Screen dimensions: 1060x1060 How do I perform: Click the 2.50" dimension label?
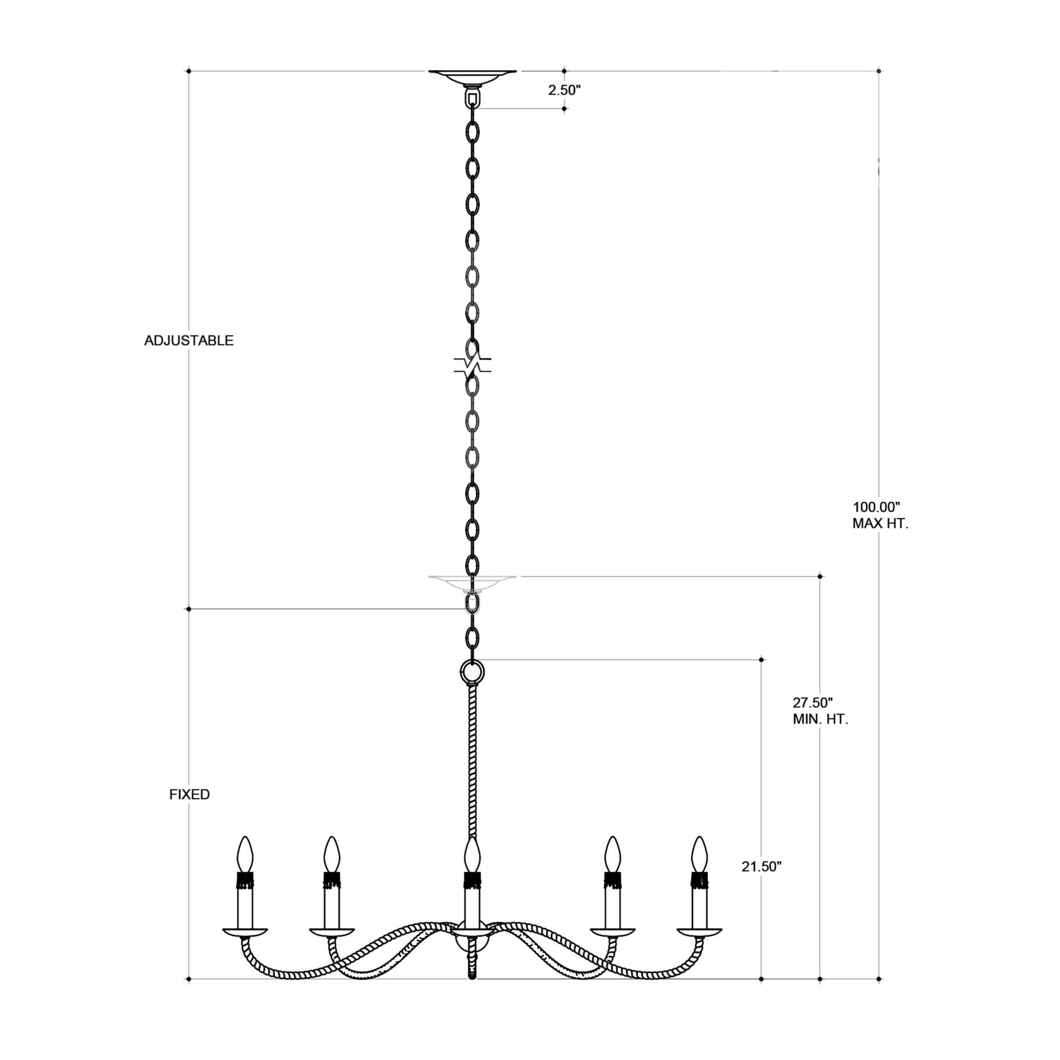[564, 91]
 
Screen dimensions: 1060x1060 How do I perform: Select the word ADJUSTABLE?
[189, 341]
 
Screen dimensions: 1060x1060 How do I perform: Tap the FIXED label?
[189, 794]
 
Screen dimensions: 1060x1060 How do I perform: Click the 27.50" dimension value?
[812, 703]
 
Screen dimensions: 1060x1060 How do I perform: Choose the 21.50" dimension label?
[762, 867]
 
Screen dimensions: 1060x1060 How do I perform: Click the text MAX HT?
[880, 524]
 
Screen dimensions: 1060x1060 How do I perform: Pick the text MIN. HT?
[820, 720]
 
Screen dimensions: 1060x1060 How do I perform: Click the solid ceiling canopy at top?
[472, 76]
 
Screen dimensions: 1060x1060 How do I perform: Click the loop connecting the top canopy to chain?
[472, 99]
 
